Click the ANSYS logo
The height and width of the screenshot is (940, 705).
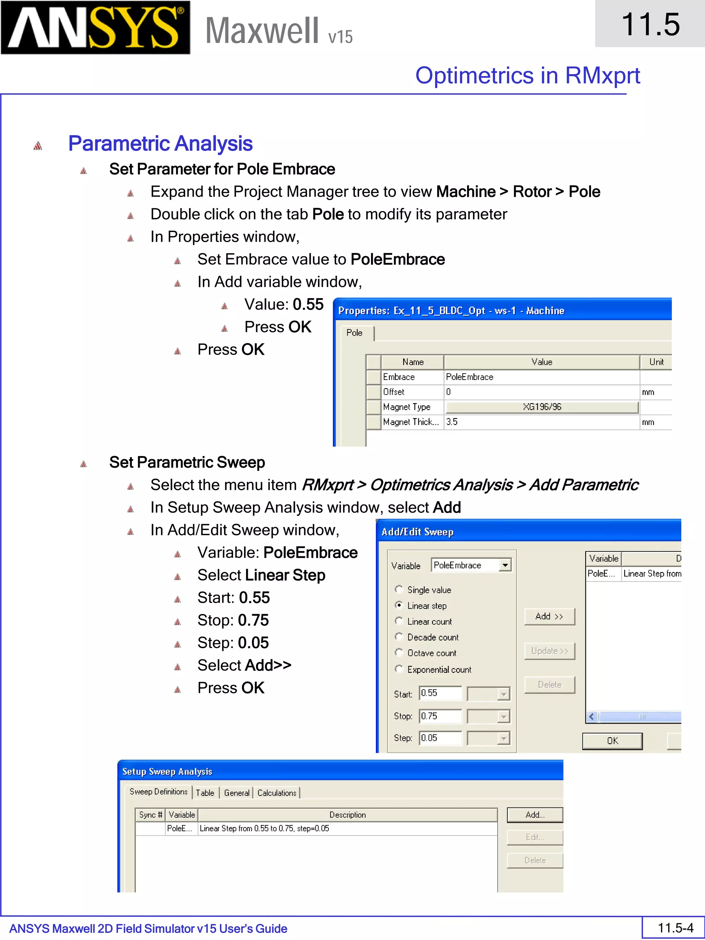[95, 28]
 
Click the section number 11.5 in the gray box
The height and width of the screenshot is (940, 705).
[650, 24]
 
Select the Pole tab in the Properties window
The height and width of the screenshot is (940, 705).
[355, 333]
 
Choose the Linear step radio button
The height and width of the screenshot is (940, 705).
[399, 605]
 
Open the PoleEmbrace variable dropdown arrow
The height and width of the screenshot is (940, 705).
[505, 565]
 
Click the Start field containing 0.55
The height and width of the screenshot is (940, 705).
[440, 693]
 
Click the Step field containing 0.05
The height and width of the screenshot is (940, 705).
[440, 738]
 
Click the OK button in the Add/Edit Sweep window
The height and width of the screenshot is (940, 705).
[612, 741]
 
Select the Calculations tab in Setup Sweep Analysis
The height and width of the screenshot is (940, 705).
[277, 793]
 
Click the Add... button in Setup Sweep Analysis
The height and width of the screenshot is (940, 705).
[535, 815]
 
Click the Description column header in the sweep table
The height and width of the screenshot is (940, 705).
[347, 815]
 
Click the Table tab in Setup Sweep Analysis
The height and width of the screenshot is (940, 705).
[205, 793]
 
